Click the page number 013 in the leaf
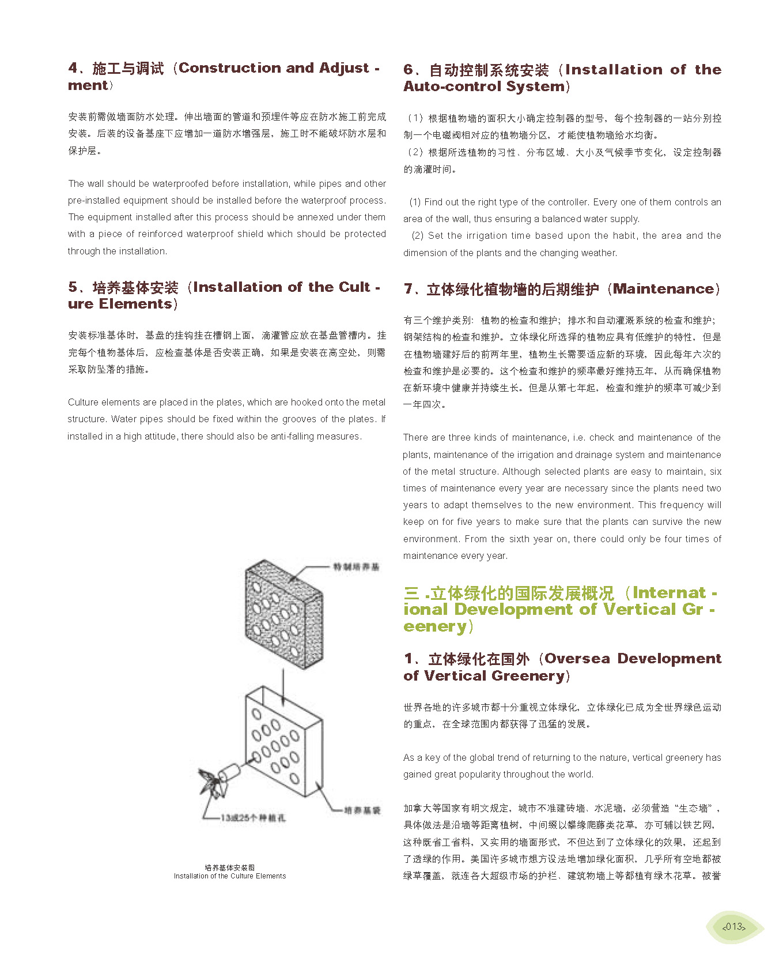[734, 926]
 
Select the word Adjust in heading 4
[344, 68]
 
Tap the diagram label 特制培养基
[356, 567]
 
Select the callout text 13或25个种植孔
[253, 817]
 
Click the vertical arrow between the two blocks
[283, 686]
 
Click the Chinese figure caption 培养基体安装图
[229, 867]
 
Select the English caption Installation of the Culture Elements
[229, 876]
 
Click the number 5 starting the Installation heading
[73, 287]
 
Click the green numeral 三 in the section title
[411, 594]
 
